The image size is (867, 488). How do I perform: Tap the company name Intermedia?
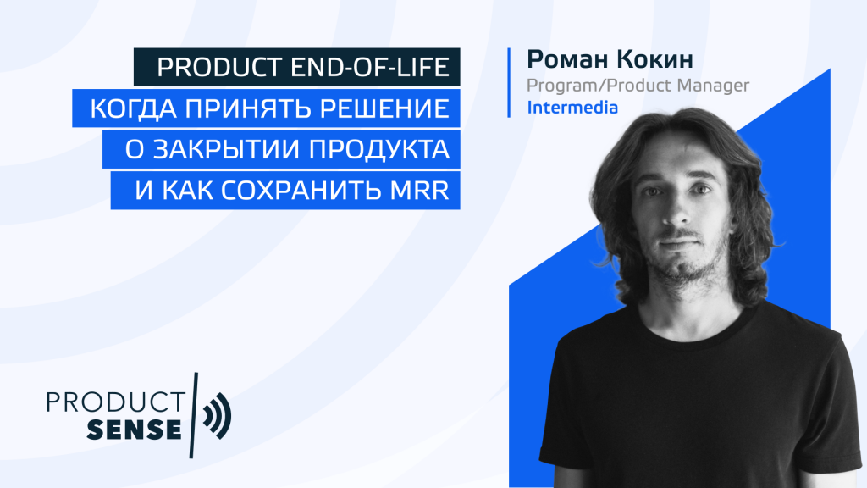[572, 108]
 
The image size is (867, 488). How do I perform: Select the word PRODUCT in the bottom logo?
[115, 402]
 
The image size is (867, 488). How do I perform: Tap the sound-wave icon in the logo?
[217, 415]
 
